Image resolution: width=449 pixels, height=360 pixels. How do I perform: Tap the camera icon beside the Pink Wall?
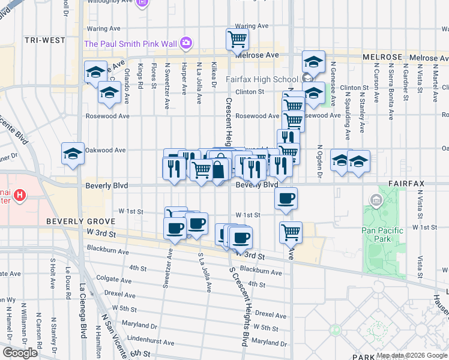pos(186,43)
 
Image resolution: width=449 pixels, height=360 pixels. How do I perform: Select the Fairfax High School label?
pos(262,79)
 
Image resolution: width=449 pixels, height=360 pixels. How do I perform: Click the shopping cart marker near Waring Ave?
pos(237,40)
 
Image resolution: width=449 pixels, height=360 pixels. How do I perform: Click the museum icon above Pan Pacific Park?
pos(376,200)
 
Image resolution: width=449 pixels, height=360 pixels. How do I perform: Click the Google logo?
pos(20,353)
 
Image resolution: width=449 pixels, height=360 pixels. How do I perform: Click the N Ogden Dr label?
pos(320,161)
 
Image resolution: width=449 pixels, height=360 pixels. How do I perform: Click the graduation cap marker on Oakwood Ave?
pos(73,154)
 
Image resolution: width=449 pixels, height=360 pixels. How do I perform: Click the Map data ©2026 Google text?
pos(412,355)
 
